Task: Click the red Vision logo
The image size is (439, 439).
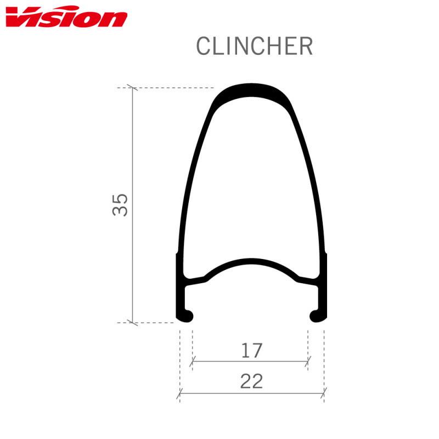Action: click(x=66, y=18)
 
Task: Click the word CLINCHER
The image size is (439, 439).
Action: click(x=254, y=47)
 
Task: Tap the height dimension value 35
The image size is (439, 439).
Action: click(x=121, y=204)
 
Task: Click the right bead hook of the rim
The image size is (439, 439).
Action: click(x=317, y=316)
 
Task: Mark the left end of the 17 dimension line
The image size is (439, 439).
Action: click(x=192, y=362)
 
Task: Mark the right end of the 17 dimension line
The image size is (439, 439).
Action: click(x=308, y=362)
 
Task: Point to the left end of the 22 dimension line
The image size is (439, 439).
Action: click(x=181, y=393)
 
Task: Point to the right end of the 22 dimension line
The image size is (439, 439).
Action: click(x=324, y=393)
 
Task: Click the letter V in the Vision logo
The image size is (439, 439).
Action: click(x=19, y=18)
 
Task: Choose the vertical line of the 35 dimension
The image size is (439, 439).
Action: click(x=133, y=165)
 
